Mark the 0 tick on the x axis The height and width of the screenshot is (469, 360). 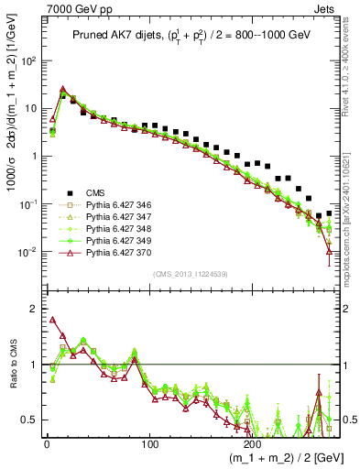45,442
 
